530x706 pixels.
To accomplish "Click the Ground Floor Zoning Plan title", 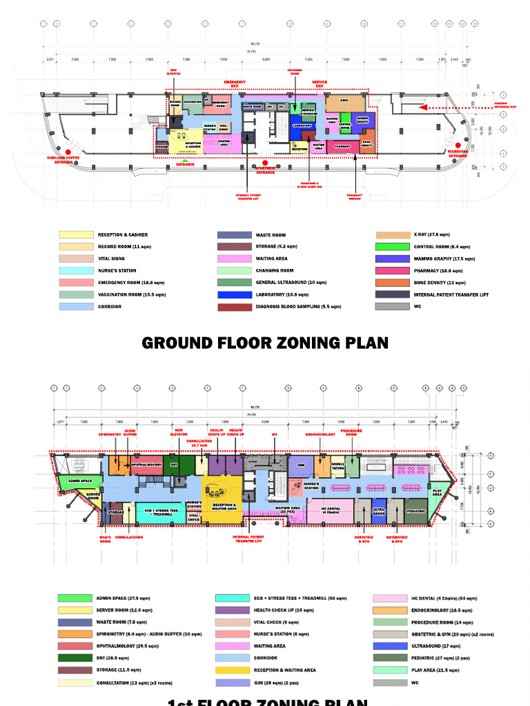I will pyautogui.click(x=265, y=343).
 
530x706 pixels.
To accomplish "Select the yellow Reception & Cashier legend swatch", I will pyautogui.click(x=76, y=235).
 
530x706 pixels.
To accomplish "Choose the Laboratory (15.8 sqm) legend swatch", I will pyautogui.click(x=234, y=295).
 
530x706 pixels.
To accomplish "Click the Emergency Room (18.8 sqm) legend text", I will pyautogui.click(x=131, y=283).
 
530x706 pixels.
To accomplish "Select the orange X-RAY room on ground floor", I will pyautogui.click(x=343, y=102).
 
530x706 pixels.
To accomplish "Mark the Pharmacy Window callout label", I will pyautogui.click(x=355, y=196).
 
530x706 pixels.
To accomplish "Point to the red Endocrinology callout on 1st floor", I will pyautogui.click(x=320, y=435).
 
